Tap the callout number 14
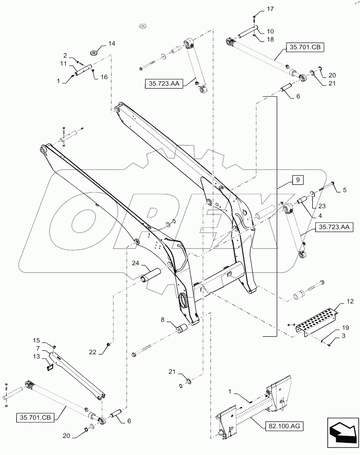point(100,43)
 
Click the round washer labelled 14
point(95,53)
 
